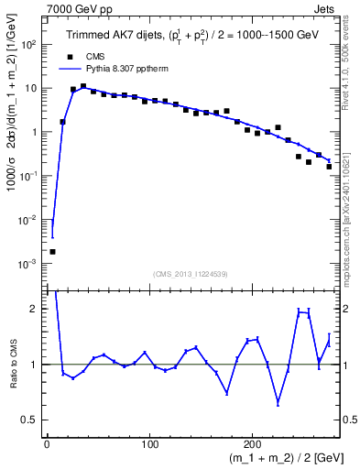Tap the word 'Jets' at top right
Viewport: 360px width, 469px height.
point(325,7)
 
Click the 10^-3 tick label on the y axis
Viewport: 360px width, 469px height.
point(29,264)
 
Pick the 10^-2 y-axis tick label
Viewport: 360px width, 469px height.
point(29,220)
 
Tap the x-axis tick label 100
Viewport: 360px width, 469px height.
point(149,445)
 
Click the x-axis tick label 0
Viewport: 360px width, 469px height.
point(47,445)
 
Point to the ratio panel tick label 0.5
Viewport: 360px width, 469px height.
point(33,420)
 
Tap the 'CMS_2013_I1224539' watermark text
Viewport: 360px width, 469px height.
point(191,273)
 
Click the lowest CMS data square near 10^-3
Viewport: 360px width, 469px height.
point(52,251)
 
